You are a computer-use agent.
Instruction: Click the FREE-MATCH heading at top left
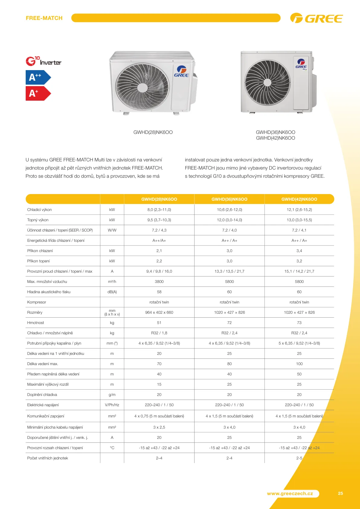point(44,18)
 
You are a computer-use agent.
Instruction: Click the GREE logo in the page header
point(316,18)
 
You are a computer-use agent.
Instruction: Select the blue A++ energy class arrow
point(38,77)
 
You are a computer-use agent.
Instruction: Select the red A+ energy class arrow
point(38,93)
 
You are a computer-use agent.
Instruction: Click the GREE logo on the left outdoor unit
point(181,72)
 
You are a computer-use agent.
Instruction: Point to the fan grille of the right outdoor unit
point(267,82)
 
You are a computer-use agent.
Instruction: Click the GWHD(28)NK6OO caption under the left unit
point(153,132)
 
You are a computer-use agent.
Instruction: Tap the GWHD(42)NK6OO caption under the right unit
point(275,138)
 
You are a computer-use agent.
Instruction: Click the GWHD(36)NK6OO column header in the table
point(229,199)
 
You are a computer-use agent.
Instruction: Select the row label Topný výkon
point(38,220)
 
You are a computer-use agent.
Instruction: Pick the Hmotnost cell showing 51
point(159,323)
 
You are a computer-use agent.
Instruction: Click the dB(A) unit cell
point(112,292)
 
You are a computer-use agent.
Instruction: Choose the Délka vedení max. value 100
point(299,364)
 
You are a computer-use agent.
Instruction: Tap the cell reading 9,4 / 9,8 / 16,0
point(159,271)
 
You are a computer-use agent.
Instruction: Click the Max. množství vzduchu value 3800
point(159,282)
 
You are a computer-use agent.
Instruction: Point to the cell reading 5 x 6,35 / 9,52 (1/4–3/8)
point(299,343)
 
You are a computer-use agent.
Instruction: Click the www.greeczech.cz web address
point(290,494)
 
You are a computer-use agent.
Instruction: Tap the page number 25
point(340,493)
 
